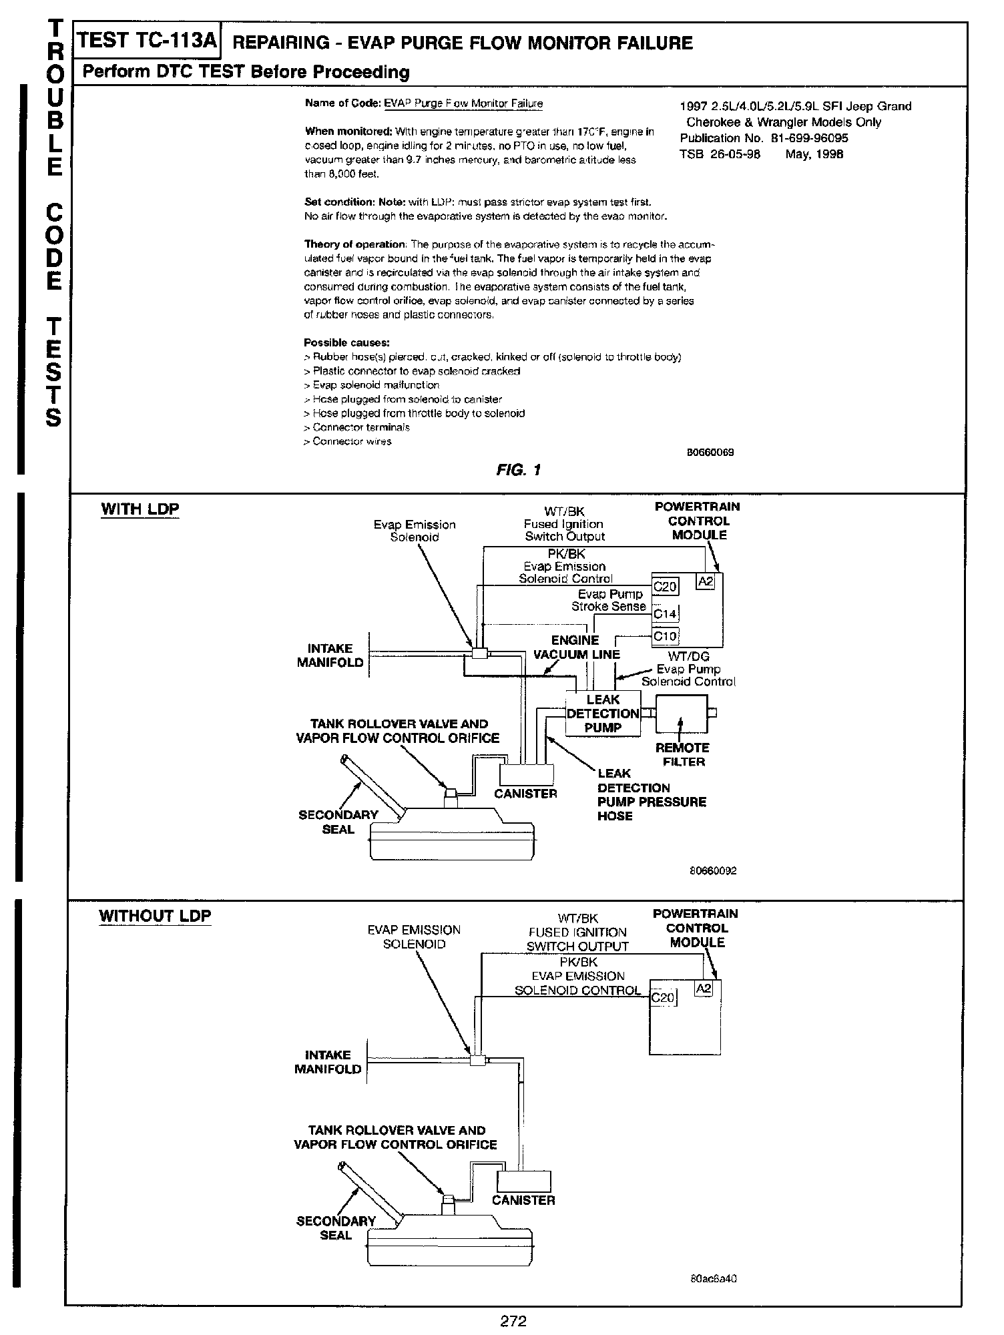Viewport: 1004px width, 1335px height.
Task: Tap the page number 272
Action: click(x=513, y=1320)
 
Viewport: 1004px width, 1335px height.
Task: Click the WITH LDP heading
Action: click(x=140, y=509)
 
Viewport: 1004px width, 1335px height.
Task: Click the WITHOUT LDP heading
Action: click(x=155, y=916)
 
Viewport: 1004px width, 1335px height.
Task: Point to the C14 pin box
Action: click(x=665, y=613)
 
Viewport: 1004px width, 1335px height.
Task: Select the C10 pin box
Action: click(x=665, y=636)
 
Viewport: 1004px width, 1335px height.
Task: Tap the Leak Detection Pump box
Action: click(x=602, y=714)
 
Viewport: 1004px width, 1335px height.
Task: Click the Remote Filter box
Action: click(x=682, y=714)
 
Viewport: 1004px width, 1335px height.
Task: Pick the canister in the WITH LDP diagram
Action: click(x=527, y=774)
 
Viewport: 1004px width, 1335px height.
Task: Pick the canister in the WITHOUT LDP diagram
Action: click(x=524, y=1181)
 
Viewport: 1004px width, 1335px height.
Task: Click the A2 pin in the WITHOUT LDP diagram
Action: click(x=704, y=989)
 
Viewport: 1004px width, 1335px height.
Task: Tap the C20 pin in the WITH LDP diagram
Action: click(x=665, y=587)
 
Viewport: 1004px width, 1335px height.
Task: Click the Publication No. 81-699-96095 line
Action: click(x=764, y=138)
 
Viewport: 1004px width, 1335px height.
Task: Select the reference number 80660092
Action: click(x=713, y=871)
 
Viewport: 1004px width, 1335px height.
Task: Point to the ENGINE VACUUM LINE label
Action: click(x=576, y=647)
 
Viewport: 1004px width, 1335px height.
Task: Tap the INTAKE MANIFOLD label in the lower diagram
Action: click(x=328, y=1062)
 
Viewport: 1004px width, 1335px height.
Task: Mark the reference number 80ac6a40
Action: click(x=713, y=1279)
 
